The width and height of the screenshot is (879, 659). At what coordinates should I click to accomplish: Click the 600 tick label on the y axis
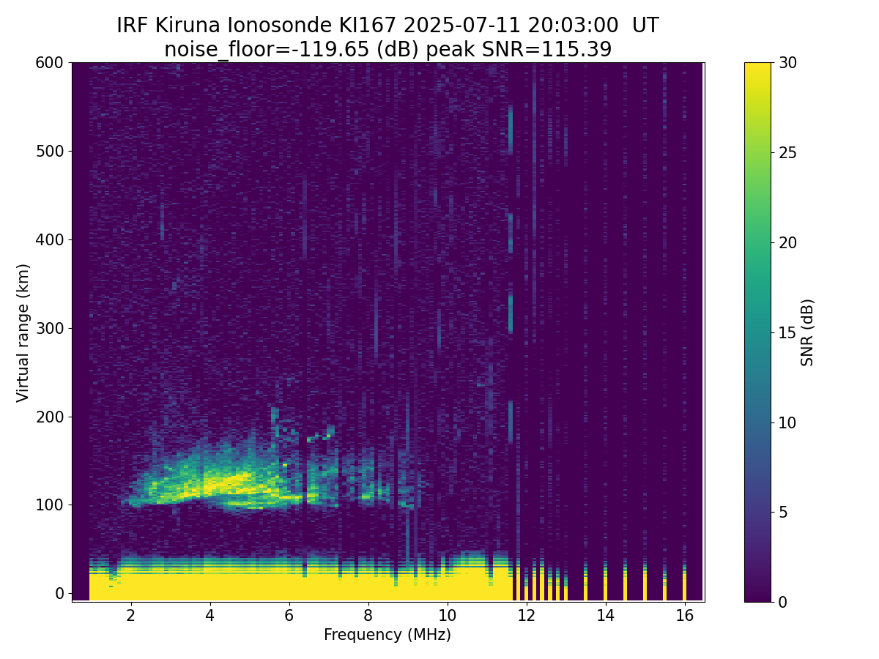tap(49, 63)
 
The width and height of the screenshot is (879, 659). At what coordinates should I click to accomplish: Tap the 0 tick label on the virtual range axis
tap(59, 594)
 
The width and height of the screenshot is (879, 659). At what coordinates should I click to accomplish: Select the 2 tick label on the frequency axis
tap(130, 615)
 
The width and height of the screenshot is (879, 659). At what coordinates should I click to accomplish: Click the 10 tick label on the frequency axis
tap(447, 615)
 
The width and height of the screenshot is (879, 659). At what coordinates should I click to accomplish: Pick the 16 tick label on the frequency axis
tap(685, 615)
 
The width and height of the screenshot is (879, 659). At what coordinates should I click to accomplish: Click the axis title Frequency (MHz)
tap(387, 635)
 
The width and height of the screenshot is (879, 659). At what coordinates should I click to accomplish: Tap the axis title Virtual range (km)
tap(23, 333)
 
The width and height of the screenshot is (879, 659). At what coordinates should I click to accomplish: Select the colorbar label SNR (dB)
tap(806, 333)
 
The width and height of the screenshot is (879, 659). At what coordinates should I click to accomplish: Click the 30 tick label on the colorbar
tap(787, 63)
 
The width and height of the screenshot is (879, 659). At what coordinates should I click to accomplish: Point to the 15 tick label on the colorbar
tap(787, 332)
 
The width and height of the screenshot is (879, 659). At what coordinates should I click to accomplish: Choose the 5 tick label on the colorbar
tap(783, 512)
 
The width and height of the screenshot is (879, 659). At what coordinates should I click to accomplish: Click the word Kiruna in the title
tap(188, 26)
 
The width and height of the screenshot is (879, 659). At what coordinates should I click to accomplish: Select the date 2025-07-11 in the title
tap(461, 26)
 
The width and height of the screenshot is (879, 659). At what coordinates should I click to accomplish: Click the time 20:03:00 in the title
tap(573, 26)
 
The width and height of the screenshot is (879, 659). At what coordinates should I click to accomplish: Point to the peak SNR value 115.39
tap(576, 50)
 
